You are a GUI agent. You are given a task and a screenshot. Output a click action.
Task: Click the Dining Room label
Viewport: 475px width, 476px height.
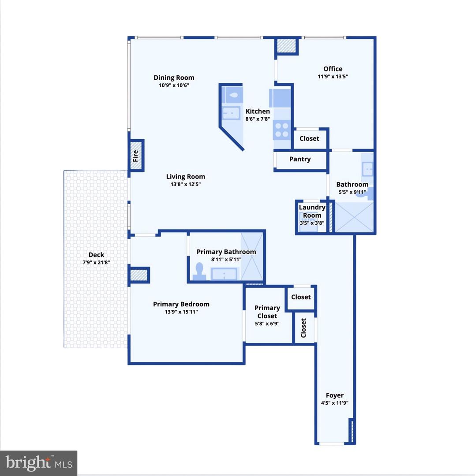point(174,78)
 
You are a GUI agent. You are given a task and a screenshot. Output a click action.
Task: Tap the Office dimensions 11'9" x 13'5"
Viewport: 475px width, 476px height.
point(333,77)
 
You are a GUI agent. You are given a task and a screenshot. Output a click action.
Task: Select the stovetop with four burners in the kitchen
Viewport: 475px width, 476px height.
point(281,130)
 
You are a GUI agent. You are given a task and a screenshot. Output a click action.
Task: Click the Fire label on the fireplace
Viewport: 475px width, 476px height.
point(135,156)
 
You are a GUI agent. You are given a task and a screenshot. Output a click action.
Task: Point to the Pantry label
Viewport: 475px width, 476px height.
point(300,159)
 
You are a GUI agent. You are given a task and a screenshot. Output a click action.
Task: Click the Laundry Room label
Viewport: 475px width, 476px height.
point(312,211)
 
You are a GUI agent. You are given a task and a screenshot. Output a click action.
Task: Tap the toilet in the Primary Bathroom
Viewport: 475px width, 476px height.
point(199,271)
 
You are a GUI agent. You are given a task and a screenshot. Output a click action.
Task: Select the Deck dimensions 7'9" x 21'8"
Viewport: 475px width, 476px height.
point(96,262)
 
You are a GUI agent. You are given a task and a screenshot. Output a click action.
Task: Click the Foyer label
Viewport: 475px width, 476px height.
point(335,395)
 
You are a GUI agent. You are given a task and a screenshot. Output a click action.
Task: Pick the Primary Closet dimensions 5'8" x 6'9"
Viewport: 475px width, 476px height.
point(267,324)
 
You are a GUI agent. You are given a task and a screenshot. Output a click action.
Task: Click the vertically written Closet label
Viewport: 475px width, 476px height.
point(303,328)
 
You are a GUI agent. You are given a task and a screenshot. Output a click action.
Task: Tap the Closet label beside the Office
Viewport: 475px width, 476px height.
point(309,138)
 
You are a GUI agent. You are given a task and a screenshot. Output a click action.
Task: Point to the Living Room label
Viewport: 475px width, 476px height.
point(186,177)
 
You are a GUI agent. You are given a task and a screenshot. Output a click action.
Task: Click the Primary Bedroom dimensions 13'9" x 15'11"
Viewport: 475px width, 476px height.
point(181,312)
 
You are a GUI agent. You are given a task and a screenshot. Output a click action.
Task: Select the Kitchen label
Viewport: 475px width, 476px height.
point(258,112)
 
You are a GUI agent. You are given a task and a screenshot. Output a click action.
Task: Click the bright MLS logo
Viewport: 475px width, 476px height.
point(38,463)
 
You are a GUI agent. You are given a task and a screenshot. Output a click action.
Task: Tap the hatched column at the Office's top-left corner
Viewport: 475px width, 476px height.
point(286,45)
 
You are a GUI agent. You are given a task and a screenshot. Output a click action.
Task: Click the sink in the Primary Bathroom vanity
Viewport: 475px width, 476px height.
point(224,274)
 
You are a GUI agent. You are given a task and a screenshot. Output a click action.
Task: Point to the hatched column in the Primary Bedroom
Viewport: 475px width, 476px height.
point(139,275)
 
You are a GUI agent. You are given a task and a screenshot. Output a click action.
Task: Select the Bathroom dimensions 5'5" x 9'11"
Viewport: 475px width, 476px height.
point(352,192)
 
